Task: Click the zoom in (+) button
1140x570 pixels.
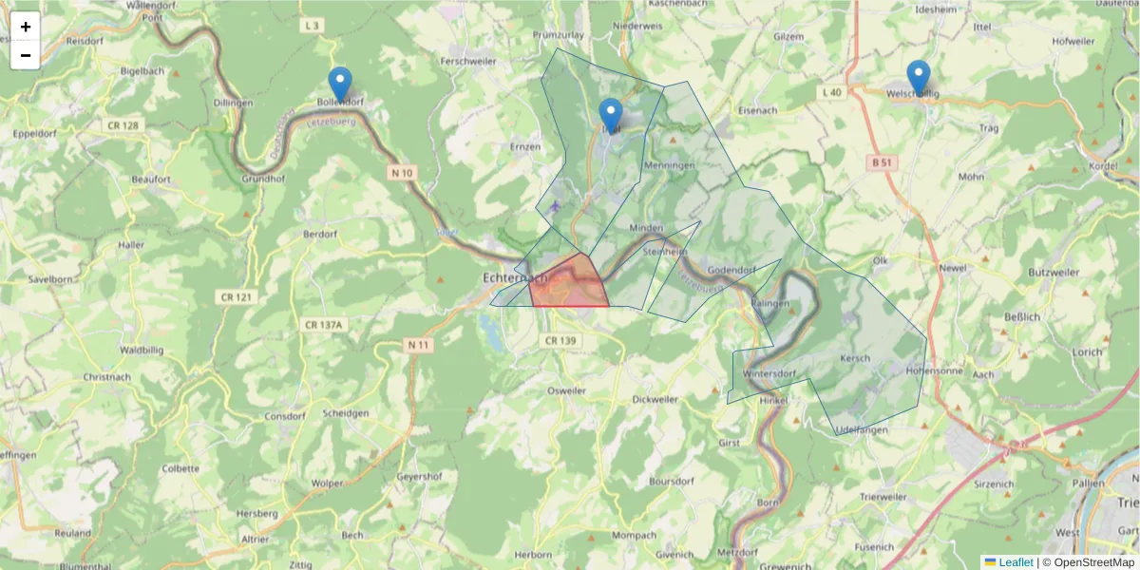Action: (x=26, y=27)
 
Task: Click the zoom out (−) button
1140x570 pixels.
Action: (x=26, y=55)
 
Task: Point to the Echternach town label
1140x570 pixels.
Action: (x=515, y=278)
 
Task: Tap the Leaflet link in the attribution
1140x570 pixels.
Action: (x=1015, y=562)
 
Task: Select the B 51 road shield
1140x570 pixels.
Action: (x=883, y=162)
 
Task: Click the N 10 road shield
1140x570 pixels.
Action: (x=401, y=173)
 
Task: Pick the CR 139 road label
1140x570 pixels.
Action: (x=559, y=340)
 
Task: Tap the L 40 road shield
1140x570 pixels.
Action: (x=830, y=92)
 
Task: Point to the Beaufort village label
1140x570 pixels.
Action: (x=150, y=179)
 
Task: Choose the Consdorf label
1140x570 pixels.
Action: (x=284, y=416)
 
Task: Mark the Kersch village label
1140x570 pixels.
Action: (x=855, y=358)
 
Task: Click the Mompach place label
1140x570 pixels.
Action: (x=635, y=536)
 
